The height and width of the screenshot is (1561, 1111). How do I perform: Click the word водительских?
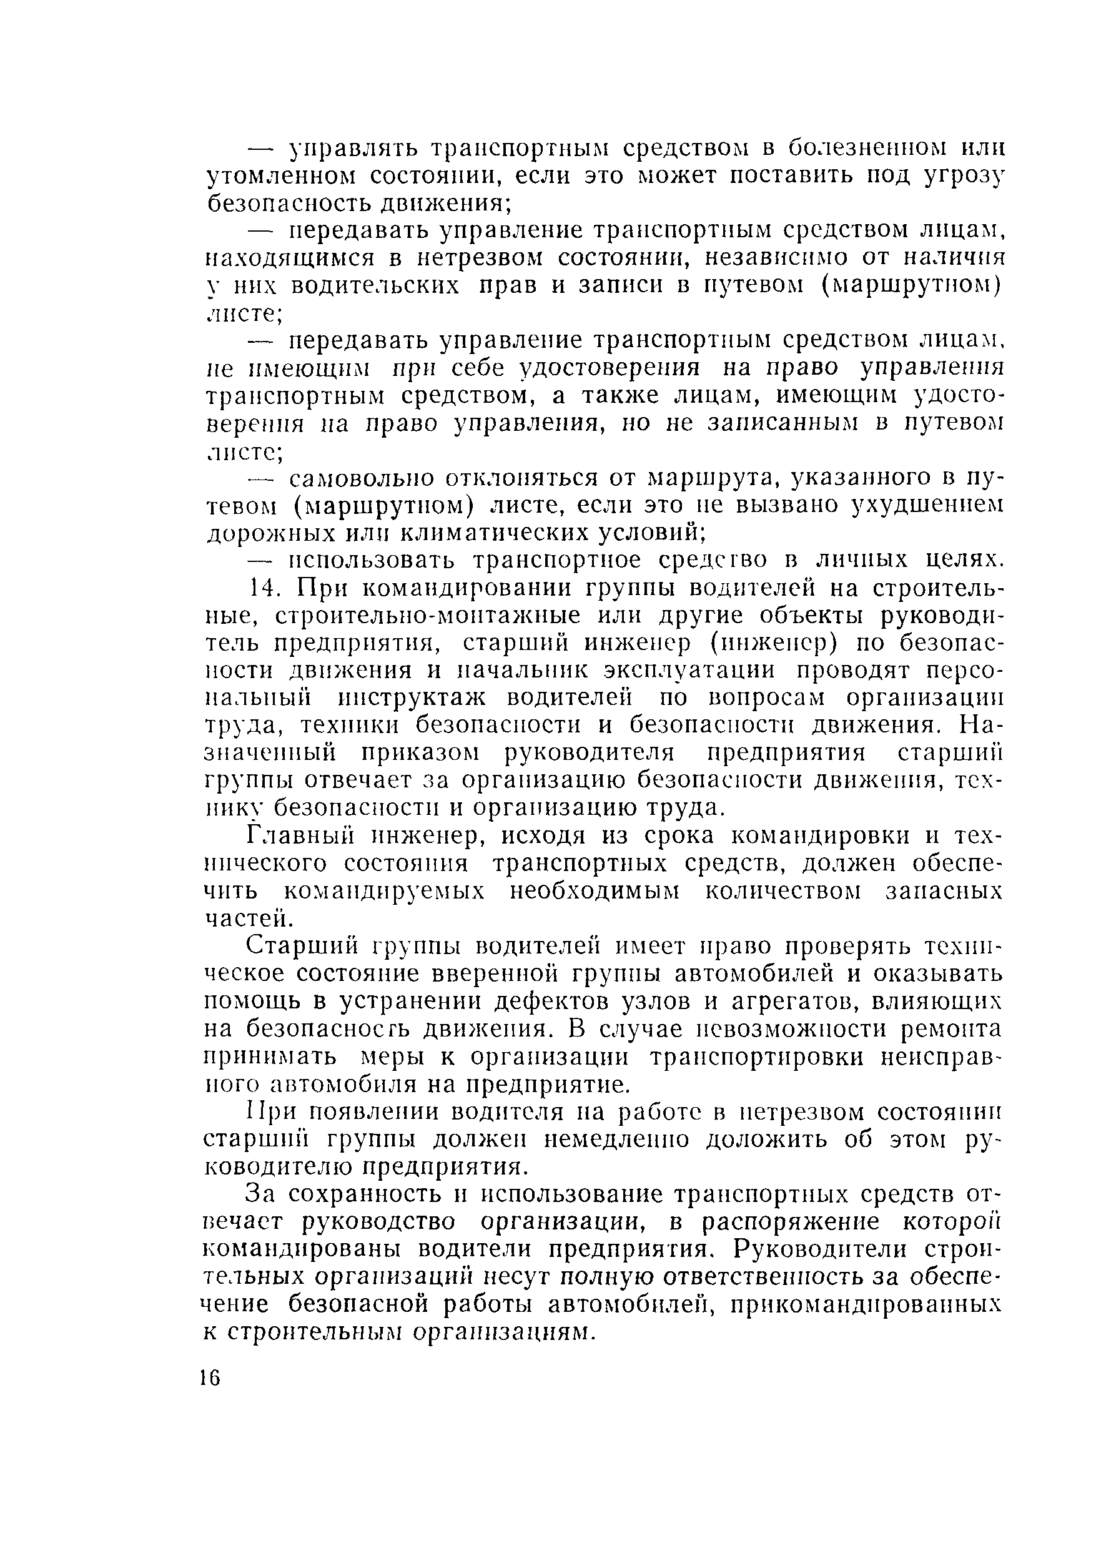[375, 286]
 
